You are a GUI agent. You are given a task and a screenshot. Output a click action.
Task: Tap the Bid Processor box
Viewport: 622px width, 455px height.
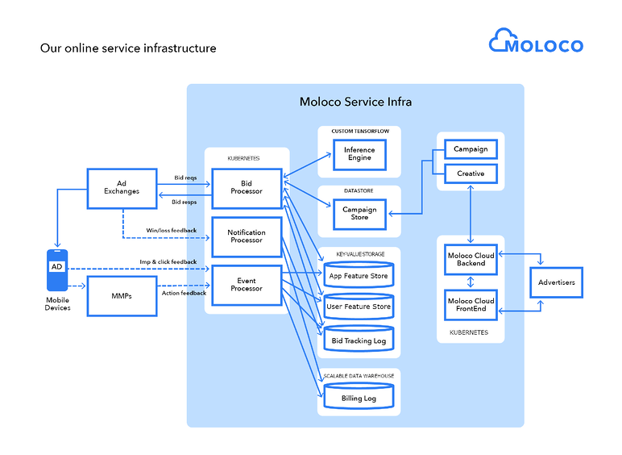pos(247,187)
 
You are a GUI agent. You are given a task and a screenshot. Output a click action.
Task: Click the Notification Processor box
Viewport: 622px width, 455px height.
pos(247,236)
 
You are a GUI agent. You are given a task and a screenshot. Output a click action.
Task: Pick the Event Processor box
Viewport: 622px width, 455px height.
pos(247,284)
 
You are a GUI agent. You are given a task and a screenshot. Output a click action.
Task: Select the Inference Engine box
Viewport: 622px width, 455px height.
pos(359,153)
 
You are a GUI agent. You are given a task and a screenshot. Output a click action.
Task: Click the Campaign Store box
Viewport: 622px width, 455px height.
pos(359,213)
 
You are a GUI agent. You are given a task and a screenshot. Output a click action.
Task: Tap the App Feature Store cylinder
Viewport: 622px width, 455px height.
pos(358,276)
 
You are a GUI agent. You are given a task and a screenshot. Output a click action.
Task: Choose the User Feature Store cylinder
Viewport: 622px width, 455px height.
pos(358,307)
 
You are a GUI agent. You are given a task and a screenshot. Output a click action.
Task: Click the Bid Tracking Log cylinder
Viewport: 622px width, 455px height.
pos(358,340)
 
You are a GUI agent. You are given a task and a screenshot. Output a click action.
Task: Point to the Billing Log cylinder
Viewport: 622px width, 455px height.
pos(358,398)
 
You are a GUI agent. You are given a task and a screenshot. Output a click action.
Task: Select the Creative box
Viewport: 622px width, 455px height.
pos(471,173)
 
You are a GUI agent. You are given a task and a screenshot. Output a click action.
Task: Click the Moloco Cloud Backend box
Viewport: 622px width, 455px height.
pos(471,260)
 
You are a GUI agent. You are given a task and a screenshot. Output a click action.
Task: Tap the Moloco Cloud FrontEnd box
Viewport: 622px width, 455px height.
pos(471,305)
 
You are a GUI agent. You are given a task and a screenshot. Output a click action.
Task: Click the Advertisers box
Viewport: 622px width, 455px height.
pos(556,282)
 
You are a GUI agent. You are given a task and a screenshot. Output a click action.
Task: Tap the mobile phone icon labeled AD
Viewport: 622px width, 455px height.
pos(57,269)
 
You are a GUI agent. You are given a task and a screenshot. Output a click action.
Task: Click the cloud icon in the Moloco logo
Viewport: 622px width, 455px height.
pos(504,40)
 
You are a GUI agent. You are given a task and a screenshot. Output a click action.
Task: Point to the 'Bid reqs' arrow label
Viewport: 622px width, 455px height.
pos(185,177)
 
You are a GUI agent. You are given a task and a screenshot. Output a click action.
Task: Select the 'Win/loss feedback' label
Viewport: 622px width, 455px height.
pos(171,230)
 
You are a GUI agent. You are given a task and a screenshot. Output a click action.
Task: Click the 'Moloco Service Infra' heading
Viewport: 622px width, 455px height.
pos(355,102)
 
